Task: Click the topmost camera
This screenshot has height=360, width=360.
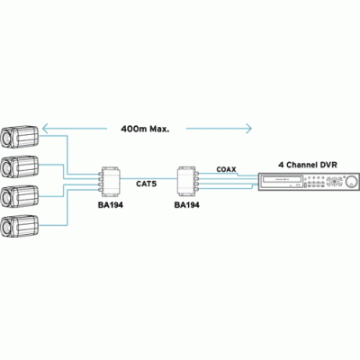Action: (x=20, y=137)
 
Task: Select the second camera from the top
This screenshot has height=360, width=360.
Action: (x=20, y=166)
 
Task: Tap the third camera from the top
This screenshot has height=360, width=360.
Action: (x=20, y=196)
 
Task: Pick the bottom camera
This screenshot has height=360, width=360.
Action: (x=20, y=226)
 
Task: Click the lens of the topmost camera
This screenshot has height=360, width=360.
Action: (x=5, y=138)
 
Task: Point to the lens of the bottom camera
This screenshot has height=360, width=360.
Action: (x=5, y=227)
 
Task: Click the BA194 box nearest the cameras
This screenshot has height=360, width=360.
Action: (x=110, y=181)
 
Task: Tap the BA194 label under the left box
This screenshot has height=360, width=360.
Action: (x=111, y=205)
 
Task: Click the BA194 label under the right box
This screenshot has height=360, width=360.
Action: (x=187, y=205)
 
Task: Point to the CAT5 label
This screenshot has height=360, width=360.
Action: (x=147, y=184)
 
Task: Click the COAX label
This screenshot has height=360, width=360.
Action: (x=226, y=169)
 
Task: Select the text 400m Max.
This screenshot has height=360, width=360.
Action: (x=145, y=129)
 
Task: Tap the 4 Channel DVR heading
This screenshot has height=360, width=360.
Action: (x=308, y=165)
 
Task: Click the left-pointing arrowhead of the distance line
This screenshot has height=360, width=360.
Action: (x=45, y=129)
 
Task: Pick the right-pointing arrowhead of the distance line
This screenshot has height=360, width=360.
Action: (x=248, y=129)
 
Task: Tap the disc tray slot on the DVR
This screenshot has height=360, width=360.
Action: (x=281, y=179)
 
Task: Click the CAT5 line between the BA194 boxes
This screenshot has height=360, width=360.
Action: (x=149, y=178)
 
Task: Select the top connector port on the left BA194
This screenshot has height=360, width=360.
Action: (x=100, y=174)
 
